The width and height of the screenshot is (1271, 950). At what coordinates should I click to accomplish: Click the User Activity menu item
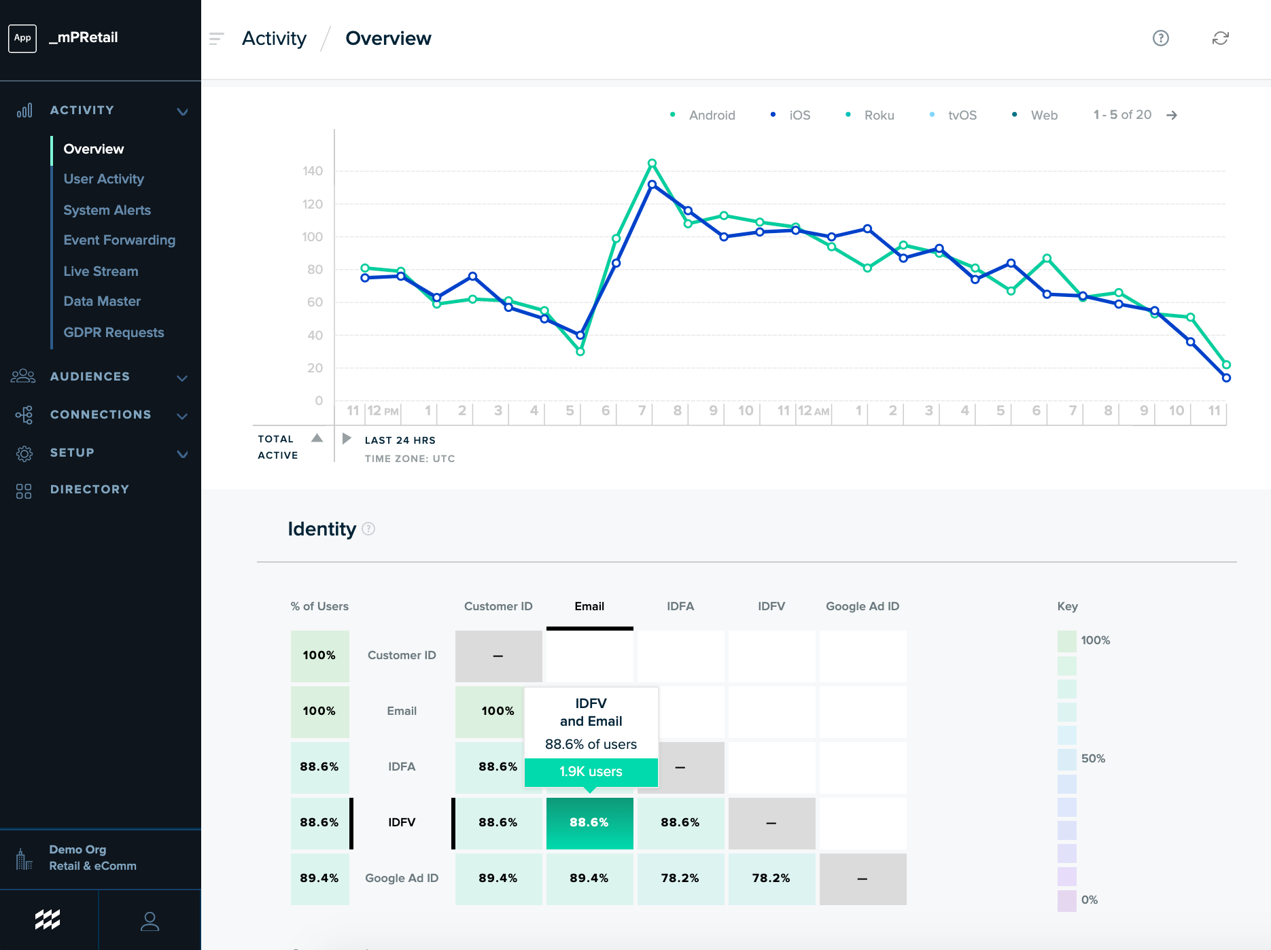[103, 179]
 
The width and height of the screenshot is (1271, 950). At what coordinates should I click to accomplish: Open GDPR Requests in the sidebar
[114, 332]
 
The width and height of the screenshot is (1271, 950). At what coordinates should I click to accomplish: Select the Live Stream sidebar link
[101, 271]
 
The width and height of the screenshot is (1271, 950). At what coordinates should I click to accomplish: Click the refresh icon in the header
[1220, 38]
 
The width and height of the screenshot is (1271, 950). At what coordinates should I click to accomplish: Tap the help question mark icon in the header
[1160, 38]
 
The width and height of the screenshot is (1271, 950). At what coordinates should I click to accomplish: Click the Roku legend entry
[878, 116]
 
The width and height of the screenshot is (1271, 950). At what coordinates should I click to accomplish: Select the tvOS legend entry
[962, 116]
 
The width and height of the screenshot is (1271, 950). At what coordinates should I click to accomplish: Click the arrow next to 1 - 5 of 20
[1172, 116]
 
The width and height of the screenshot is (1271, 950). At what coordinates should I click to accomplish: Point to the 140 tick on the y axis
[313, 171]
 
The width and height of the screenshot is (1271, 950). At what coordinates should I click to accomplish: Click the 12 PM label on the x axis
[383, 411]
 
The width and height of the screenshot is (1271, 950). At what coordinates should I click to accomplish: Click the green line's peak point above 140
[652, 163]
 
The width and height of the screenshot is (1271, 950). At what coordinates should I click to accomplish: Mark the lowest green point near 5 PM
[580, 351]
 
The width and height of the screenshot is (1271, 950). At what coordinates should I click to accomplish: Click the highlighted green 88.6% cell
[589, 822]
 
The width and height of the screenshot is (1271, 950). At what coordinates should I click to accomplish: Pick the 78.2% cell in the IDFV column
[771, 878]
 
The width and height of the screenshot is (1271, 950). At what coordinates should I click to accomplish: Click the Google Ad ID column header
[862, 606]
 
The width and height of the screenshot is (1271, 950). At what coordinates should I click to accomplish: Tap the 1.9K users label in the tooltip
[591, 771]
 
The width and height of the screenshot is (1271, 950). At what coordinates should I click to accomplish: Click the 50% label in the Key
[1093, 758]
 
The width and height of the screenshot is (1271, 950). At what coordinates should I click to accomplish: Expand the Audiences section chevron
[182, 377]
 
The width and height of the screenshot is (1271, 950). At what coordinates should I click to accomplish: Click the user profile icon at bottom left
[150, 921]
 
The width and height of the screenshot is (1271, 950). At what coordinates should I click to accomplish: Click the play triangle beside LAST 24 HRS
[347, 438]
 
